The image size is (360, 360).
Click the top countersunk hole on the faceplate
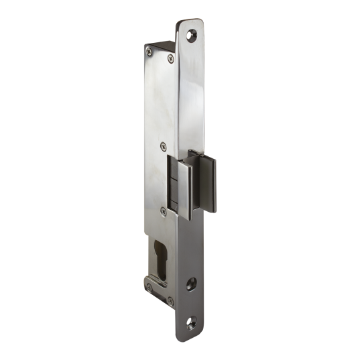194,30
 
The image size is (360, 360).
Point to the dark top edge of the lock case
161,44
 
